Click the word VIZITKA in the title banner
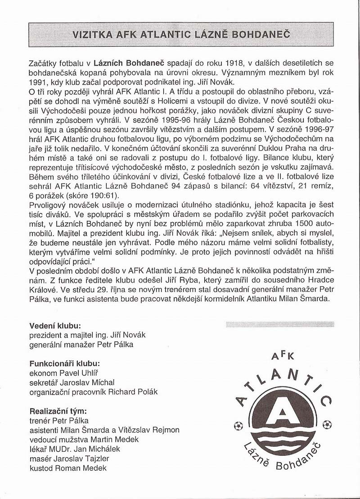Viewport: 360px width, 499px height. click(94, 34)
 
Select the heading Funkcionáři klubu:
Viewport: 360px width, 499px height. click(64, 363)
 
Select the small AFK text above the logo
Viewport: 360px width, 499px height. click(283, 355)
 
